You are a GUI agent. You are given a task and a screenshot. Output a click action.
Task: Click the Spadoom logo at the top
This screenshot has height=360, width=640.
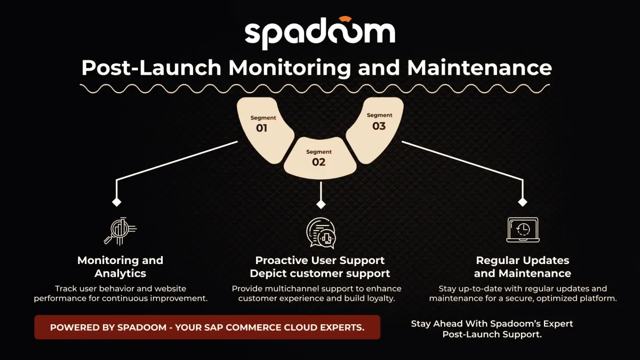319,34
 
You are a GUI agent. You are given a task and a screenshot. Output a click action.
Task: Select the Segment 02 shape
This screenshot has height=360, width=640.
319,158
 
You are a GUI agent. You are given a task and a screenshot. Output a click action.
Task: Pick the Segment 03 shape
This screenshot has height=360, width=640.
377,127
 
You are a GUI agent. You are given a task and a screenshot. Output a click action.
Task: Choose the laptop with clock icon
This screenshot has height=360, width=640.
522,230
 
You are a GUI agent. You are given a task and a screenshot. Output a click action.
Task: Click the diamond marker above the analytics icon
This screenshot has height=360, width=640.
116,203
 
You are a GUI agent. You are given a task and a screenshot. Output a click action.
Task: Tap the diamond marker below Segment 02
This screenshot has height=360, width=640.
321,204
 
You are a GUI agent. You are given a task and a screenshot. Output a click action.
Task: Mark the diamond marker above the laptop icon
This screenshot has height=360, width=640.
523,202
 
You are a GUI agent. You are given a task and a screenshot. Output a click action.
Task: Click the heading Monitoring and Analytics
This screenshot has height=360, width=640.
120,267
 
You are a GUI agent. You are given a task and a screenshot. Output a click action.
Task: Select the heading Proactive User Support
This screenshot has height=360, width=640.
320,260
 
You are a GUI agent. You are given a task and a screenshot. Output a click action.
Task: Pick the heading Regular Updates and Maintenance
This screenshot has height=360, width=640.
522,267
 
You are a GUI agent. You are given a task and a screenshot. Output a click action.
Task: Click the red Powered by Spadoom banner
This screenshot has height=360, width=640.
207,327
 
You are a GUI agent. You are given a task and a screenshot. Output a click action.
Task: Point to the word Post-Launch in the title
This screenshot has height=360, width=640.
151,68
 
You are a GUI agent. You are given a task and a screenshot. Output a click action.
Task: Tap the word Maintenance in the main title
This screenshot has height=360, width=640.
479,68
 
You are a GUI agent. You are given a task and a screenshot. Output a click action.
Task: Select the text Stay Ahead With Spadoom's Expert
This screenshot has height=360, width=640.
492,324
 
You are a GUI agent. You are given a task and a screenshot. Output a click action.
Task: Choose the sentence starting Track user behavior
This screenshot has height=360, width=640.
121,293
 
